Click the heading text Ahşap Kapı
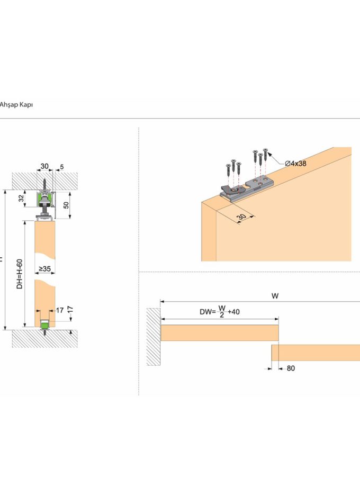pos(16,105)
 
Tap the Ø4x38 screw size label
pos(296,164)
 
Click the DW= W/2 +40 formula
pos(220,311)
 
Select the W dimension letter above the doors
pos(275,296)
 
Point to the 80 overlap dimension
pos(291,368)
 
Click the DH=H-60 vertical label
pos(20,274)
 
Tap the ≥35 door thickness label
pos(44,269)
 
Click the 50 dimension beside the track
pos(66,205)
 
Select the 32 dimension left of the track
pos(21,198)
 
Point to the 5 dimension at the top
pos(62,167)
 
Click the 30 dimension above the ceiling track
pos(44,166)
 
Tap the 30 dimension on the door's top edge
pos(242,217)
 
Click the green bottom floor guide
pos(45,326)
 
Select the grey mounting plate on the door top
pos(247,190)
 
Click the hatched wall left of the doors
pos(154,337)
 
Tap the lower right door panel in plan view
pos(316,353)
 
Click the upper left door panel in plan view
pos(219,332)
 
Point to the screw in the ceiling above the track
pos(45,184)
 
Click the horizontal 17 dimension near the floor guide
pos(60,310)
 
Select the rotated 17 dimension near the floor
pos(70,310)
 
